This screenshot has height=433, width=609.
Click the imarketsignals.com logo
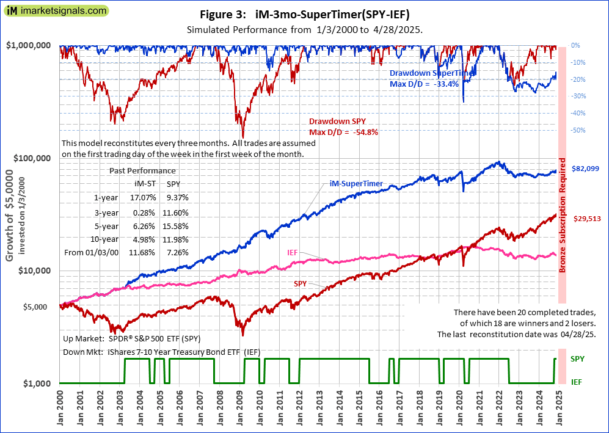pos(56,11)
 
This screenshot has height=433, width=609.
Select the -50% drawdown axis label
pos(578,130)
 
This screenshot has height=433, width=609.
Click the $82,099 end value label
pos(585,169)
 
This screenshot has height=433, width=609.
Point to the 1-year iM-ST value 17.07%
pos(145,197)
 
